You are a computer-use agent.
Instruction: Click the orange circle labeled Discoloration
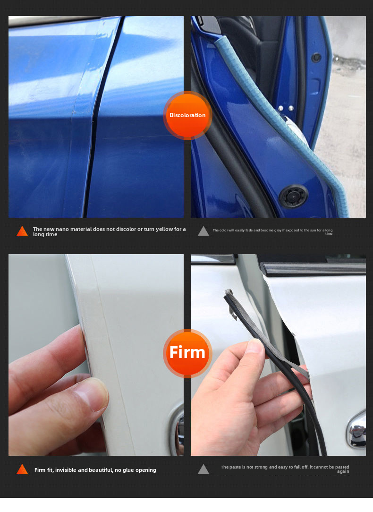pyautogui.click(x=187, y=115)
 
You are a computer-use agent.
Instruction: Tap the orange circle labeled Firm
pyautogui.click(x=187, y=353)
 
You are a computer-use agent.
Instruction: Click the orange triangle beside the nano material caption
pyautogui.click(x=22, y=231)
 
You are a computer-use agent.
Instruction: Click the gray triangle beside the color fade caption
pyautogui.click(x=203, y=231)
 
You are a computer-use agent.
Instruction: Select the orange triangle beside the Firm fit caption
pyautogui.click(x=22, y=469)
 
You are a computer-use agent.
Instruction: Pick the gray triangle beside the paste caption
pyautogui.click(x=203, y=469)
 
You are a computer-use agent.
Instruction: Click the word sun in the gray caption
pyautogui.click(x=313, y=230)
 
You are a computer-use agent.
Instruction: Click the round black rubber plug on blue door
pyautogui.click(x=293, y=196)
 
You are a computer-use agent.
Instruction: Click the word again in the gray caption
pyautogui.click(x=343, y=471)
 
